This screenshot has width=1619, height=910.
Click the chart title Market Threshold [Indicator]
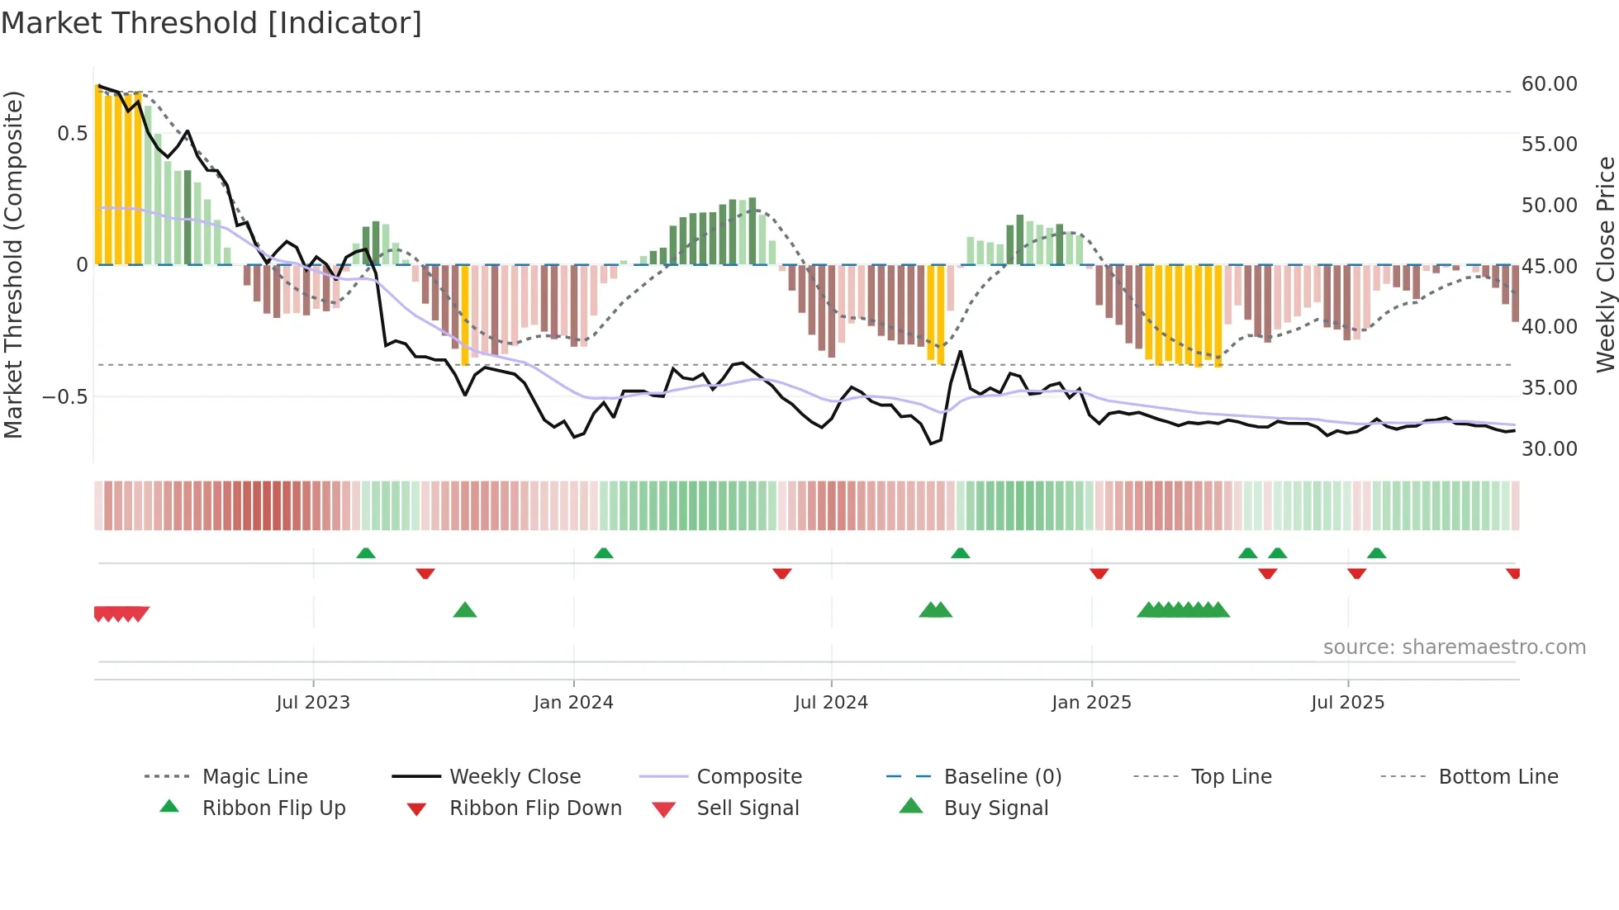211,23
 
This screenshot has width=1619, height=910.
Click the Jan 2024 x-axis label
573,703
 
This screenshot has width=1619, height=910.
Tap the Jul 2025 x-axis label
1347,703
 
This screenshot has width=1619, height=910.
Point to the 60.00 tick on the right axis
1549,84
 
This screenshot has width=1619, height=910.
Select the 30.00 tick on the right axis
1549,449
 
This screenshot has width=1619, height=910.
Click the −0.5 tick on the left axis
65,397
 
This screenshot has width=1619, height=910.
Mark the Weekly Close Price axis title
1605,264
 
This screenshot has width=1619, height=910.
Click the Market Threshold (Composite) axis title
13,264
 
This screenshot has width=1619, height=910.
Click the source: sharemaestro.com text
1454,647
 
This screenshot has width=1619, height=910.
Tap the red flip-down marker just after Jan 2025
1099,573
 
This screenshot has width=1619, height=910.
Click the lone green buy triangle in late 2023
465,610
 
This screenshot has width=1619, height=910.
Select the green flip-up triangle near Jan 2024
604,553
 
